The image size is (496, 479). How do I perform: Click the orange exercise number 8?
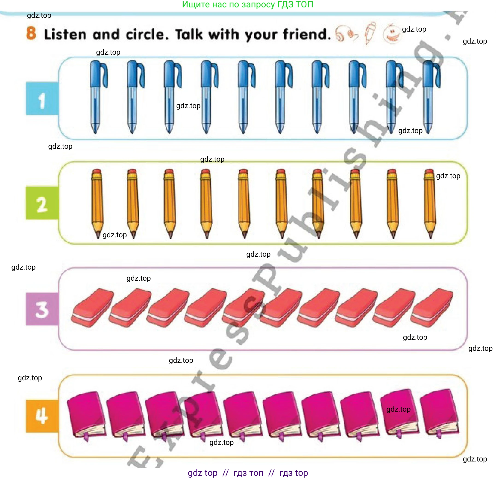click(x=31, y=33)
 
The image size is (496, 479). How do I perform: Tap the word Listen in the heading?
click(x=65, y=34)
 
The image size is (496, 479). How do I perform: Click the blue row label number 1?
click(x=42, y=98)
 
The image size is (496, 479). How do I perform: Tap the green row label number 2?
click(x=42, y=203)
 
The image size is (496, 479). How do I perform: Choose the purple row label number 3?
click(x=42, y=309)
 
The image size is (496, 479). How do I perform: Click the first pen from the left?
click(x=97, y=97)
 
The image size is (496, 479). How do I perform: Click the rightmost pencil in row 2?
click(x=430, y=204)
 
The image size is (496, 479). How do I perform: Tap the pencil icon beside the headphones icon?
click(x=370, y=33)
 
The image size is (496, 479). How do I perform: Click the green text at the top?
click(x=248, y=5)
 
